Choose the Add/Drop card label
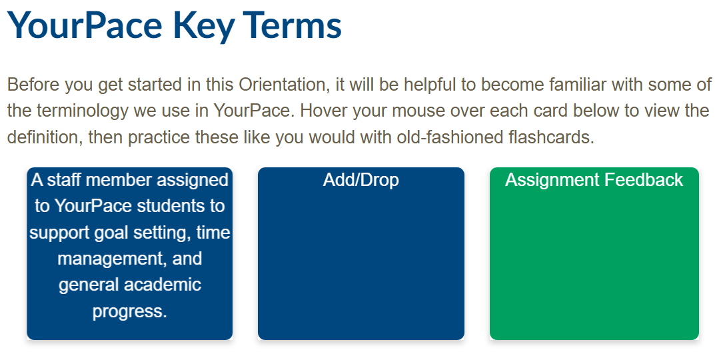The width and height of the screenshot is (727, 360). [x=361, y=180]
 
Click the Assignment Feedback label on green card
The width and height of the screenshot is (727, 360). [x=594, y=180]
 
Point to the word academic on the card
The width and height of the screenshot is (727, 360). [x=161, y=285]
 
